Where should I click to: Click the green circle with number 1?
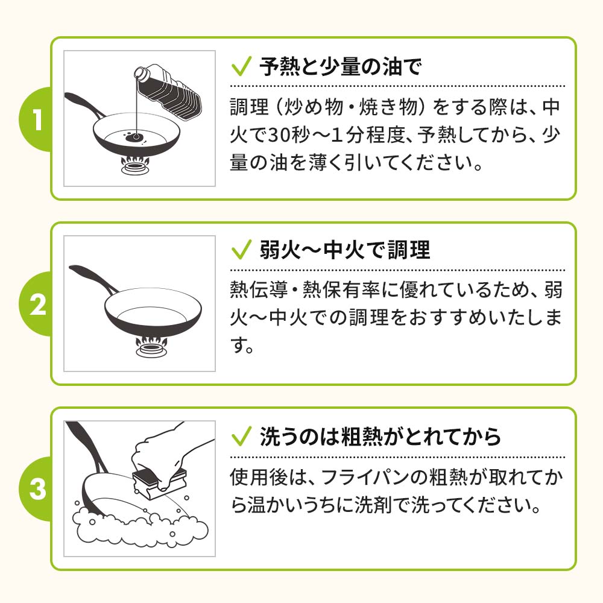coord(37,119)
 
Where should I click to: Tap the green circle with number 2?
coord(37,304)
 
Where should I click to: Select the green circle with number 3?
coord(37,488)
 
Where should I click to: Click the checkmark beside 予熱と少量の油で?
coord(241,66)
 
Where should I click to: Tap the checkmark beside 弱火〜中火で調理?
coord(241,250)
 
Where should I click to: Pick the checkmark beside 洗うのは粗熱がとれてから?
coord(241,435)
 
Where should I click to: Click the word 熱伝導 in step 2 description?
coord(257,290)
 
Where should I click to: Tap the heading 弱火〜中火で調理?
coord(345,250)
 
